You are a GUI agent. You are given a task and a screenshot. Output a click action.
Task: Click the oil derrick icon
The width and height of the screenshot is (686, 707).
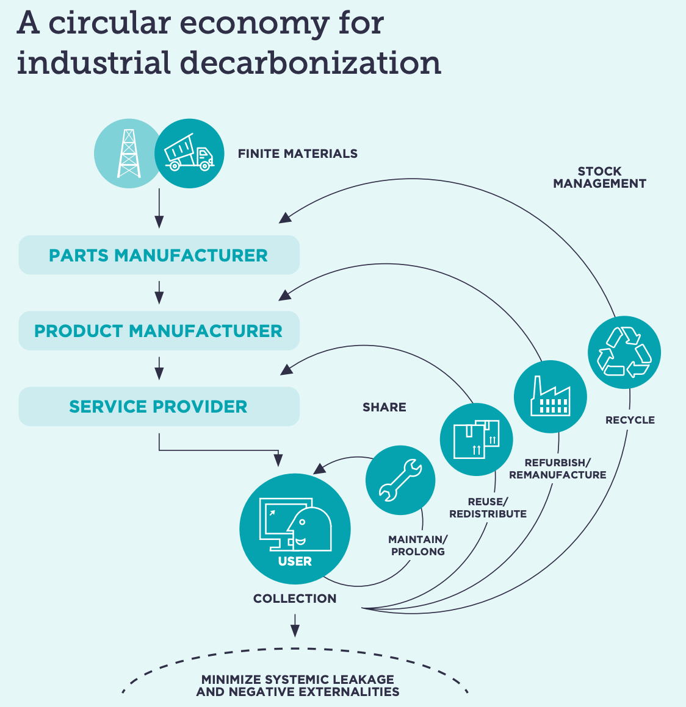pos(129,153)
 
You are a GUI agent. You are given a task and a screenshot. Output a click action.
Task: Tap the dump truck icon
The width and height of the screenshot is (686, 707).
pos(189,153)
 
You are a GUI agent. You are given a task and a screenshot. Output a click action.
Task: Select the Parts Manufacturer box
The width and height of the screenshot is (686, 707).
pos(159,255)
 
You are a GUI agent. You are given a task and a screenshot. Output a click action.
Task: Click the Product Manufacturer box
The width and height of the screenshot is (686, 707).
pos(159,331)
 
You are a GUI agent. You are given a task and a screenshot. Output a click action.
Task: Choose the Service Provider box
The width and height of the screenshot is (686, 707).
pos(159,407)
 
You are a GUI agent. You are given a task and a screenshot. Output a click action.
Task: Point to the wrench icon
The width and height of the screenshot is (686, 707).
pos(400,480)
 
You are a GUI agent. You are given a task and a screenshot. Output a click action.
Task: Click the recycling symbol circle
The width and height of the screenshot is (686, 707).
pos(624,352)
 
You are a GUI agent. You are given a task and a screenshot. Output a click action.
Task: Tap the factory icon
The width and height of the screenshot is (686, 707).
pos(550,397)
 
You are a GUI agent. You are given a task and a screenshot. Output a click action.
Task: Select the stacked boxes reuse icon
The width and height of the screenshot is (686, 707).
pos(476,439)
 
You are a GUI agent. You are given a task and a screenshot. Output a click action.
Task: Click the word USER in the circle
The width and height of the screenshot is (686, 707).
pos(295,561)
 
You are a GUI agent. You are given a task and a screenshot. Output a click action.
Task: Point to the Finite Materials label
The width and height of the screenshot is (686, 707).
pos(298,154)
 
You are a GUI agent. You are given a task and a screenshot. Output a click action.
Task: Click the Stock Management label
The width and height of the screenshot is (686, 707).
pos(599,177)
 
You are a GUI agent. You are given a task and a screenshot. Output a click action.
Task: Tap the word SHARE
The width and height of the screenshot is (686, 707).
pos(385,407)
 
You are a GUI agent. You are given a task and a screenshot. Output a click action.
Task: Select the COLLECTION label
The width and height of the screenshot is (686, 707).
pos(295,599)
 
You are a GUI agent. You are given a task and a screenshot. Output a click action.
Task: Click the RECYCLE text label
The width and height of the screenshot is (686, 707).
pos(630,420)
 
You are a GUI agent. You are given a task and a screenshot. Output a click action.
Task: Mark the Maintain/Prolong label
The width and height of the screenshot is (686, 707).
pos(418,545)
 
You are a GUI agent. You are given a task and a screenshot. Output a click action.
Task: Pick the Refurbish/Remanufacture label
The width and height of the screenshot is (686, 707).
pos(557,469)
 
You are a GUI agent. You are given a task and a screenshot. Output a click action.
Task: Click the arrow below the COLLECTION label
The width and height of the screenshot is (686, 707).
pos(295,625)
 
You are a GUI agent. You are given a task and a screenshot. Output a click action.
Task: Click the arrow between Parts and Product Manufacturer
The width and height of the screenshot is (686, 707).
pos(159,293)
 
